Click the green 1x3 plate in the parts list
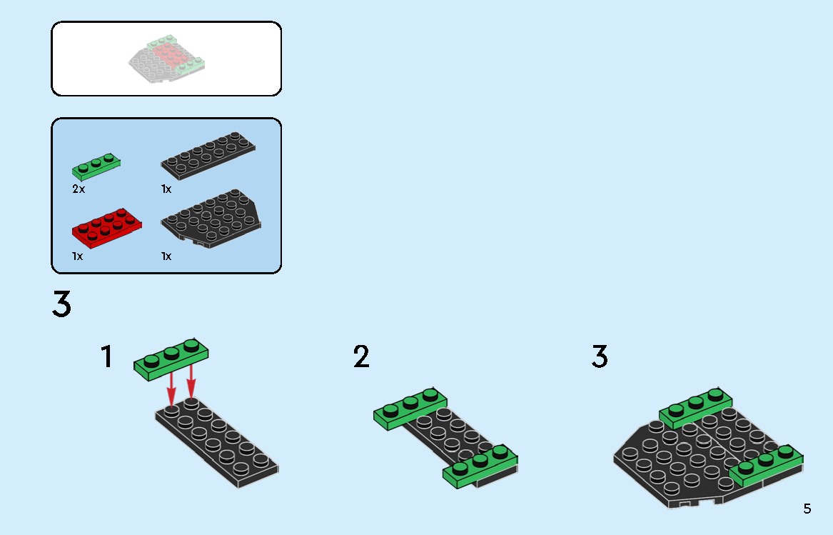(x=96, y=166)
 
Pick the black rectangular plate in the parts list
(x=208, y=154)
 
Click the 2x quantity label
(x=79, y=189)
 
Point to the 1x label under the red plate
(x=77, y=256)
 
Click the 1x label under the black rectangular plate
(x=166, y=189)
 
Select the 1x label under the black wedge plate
(x=166, y=256)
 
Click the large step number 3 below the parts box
(x=62, y=304)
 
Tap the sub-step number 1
(x=107, y=357)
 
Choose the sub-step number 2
(x=362, y=357)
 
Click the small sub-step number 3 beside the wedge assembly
(x=600, y=357)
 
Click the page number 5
(x=807, y=509)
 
